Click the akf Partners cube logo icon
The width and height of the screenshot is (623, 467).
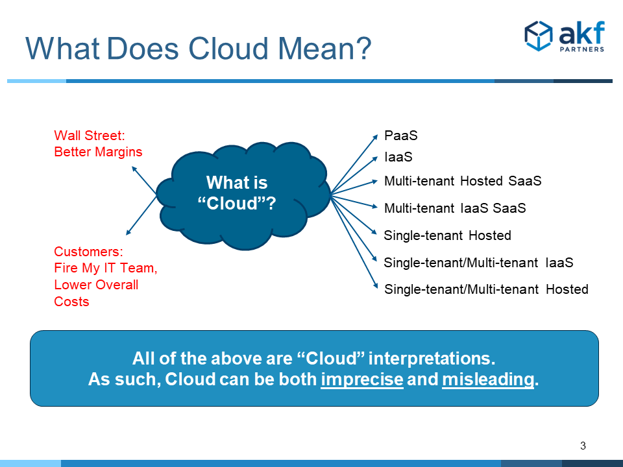[539, 36]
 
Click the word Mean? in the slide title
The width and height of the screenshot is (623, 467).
[324, 49]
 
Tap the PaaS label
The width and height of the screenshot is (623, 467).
[401, 136]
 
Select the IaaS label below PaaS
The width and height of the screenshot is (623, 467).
[398, 157]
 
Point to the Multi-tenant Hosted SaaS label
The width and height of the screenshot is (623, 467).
[463, 181]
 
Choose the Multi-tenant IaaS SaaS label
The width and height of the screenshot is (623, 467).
[455, 208]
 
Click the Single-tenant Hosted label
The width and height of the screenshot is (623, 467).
[447, 235]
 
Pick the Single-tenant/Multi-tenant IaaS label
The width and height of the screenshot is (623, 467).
[479, 263]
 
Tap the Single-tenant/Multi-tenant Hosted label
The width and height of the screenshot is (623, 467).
[486, 289]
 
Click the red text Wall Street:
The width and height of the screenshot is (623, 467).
[90, 136]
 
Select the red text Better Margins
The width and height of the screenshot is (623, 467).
[98, 152]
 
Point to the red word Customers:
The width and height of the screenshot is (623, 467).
[89, 252]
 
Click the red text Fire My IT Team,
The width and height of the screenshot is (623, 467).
[106, 268]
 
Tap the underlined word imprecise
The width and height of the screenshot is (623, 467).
[362, 379]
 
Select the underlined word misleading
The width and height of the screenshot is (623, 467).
[488, 379]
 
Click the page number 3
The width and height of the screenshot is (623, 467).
[583, 446]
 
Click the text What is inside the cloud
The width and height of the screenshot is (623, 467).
[237, 183]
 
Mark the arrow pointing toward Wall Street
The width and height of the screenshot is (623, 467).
[144, 180]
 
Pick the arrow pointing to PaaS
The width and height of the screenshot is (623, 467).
[354, 164]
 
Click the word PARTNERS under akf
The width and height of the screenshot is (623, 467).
[582, 49]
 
